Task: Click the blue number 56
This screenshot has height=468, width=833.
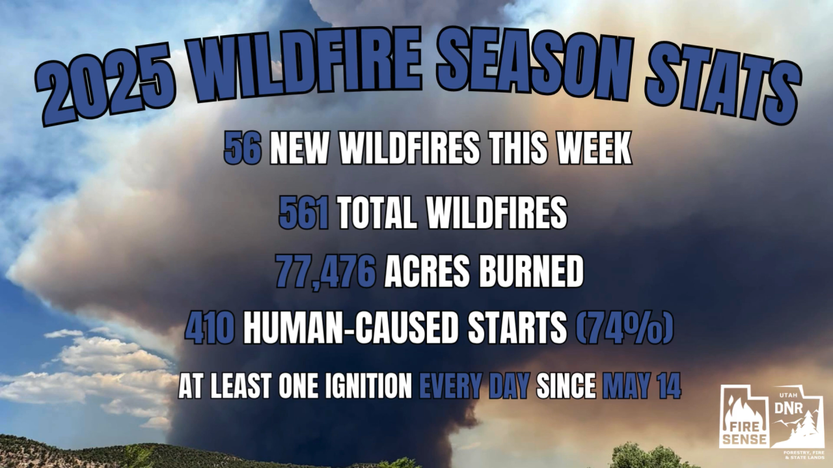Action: point(243,150)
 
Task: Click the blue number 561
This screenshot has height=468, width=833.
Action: point(304,213)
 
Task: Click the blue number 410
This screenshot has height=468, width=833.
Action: point(210,329)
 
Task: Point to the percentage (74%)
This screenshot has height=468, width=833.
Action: point(624,329)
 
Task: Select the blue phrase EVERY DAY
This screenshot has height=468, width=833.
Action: point(474,387)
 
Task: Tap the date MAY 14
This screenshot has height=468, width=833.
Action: point(642,387)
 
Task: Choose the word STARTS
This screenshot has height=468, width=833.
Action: point(517,329)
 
